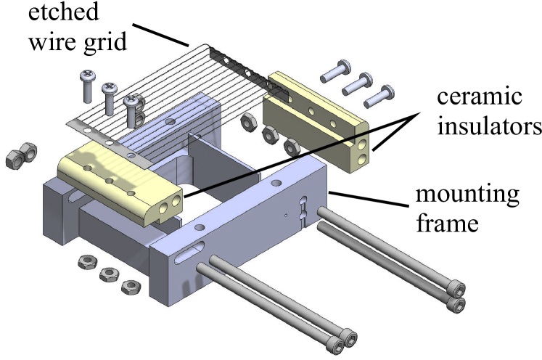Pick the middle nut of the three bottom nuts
pyautogui.click(x=110, y=274)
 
